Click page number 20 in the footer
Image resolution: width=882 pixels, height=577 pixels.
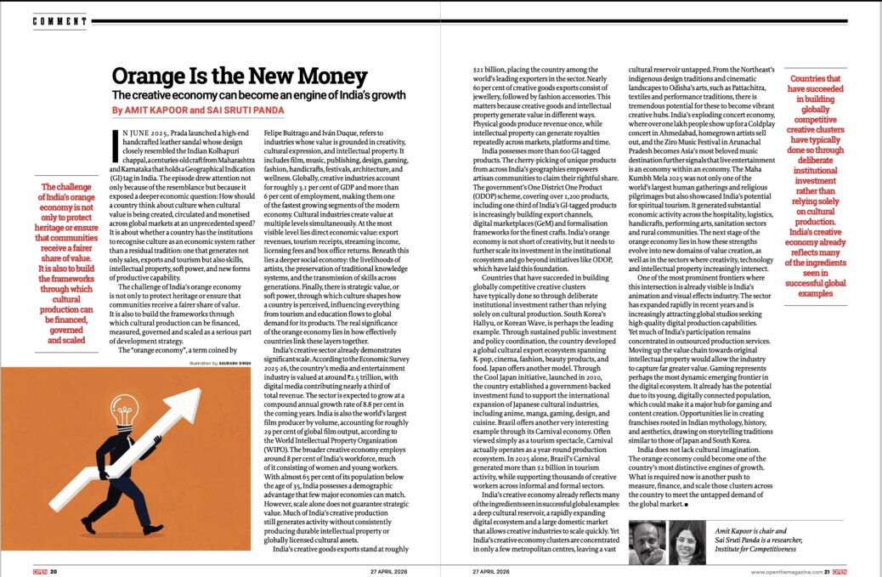coord(54,570)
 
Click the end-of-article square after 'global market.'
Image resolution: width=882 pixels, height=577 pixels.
coord(685,505)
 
